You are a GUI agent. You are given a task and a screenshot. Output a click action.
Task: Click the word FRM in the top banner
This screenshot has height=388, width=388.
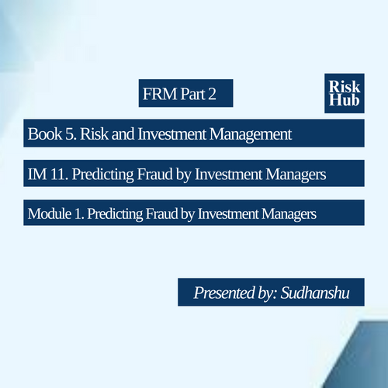click(x=160, y=94)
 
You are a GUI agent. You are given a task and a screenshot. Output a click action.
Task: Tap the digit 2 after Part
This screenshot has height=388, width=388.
click(x=212, y=94)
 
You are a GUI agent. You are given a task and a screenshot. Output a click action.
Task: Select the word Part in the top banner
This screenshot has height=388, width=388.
click(x=192, y=94)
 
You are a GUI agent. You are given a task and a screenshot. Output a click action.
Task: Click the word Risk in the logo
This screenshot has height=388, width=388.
click(x=345, y=86)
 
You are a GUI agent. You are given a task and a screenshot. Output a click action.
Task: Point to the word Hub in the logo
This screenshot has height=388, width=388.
click(x=345, y=99)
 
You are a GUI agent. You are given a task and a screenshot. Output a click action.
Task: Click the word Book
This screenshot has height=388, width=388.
click(x=45, y=134)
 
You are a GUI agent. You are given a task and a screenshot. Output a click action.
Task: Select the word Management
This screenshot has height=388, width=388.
click(x=251, y=134)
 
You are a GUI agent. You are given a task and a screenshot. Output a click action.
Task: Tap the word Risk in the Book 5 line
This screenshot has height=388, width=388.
click(x=94, y=134)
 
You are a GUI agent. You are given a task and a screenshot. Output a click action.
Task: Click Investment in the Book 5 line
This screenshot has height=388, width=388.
click(x=172, y=134)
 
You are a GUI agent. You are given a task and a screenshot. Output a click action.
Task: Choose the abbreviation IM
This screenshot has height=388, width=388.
click(x=37, y=174)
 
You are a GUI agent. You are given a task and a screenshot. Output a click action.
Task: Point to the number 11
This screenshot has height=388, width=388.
click(x=59, y=174)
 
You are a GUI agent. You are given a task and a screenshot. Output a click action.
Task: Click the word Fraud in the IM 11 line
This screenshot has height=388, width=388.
click(x=154, y=174)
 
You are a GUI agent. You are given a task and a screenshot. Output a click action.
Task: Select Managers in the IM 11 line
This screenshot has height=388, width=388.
click(x=296, y=175)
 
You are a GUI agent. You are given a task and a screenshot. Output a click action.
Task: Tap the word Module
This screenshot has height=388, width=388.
click(x=50, y=213)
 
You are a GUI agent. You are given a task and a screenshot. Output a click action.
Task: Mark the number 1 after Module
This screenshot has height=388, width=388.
click(x=78, y=213)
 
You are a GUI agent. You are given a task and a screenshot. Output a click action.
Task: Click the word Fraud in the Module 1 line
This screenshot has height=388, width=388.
click(x=161, y=213)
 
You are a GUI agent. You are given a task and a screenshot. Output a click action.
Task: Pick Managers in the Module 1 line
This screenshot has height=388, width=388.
click(x=289, y=214)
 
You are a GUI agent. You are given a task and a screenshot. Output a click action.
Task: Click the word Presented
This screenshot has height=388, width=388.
click(x=224, y=293)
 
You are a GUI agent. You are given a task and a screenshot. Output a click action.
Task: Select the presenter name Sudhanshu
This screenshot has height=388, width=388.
click(x=315, y=293)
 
